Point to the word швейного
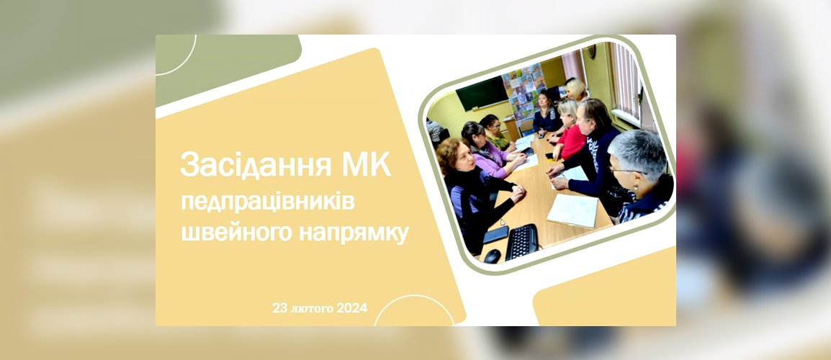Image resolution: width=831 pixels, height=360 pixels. [237, 233]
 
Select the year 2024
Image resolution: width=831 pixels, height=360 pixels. [352, 308]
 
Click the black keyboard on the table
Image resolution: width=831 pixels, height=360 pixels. [522, 242]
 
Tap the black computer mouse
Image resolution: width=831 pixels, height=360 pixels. [493, 256]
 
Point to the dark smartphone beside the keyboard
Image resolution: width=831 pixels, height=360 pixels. [495, 234]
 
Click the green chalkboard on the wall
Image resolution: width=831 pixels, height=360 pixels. [482, 92]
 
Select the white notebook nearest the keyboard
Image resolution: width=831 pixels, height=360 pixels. [572, 210]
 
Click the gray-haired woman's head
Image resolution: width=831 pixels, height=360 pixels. [637, 156]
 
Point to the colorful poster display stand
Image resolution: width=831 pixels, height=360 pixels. [524, 91]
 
